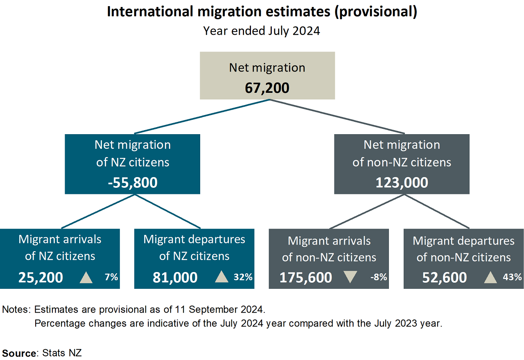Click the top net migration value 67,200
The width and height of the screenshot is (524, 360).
[x=267, y=88]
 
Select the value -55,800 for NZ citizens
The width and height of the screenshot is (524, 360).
[x=133, y=182]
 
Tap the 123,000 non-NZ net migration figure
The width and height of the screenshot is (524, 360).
[x=402, y=182]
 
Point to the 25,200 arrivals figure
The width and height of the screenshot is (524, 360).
[x=41, y=277]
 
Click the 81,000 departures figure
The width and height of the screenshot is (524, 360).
[x=175, y=277]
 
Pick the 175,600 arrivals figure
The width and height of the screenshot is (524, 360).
[x=305, y=277]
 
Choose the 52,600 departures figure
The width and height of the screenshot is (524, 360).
[x=444, y=277]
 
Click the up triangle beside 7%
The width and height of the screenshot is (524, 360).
[x=86, y=277]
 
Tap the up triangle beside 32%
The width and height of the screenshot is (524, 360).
[x=221, y=277]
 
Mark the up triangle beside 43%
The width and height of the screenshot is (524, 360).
[x=490, y=277]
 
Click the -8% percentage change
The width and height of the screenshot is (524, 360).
[x=378, y=277]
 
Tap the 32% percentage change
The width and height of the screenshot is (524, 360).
[x=243, y=277]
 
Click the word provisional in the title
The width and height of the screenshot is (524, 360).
[x=376, y=12]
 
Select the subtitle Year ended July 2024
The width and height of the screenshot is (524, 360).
[x=262, y=31]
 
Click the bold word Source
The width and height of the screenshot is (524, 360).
[x=19, y=353]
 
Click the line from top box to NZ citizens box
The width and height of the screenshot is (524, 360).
[x=201, y=117]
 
